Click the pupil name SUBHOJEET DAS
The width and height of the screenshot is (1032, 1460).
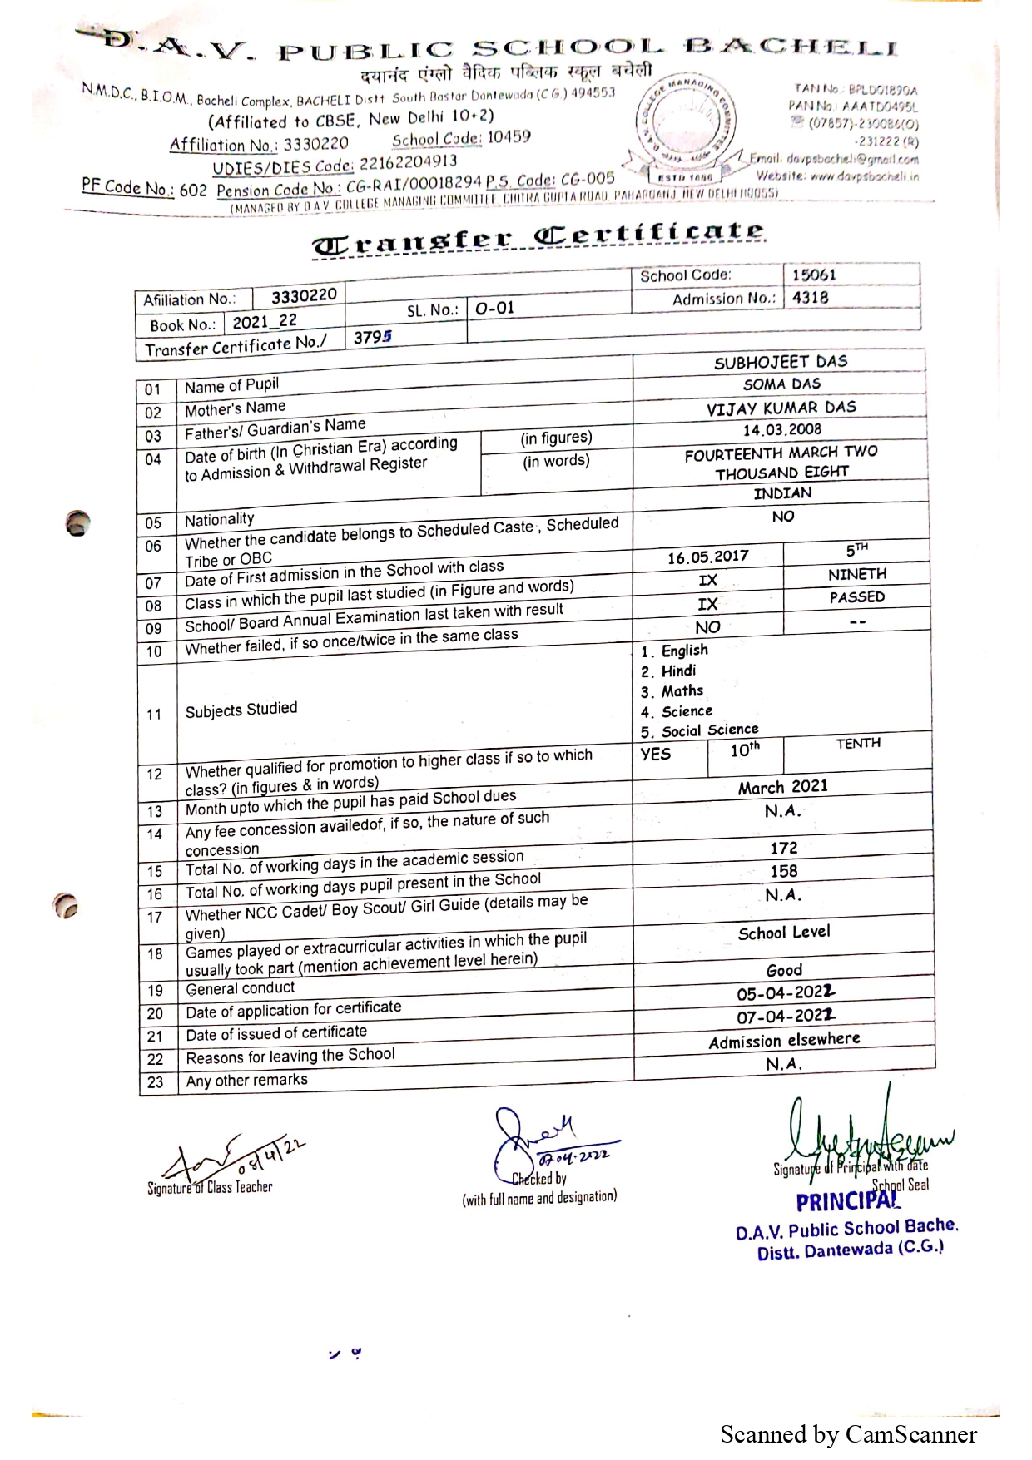781,362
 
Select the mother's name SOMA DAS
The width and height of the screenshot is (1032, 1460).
781,384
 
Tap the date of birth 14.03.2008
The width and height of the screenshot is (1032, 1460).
781,430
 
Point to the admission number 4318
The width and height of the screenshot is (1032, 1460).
810,298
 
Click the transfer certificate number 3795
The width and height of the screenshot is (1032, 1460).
372,337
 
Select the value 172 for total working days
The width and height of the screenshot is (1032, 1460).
783,848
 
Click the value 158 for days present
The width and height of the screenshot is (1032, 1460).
783,871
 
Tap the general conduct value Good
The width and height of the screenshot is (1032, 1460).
784,970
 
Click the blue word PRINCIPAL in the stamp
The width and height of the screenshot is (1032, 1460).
847,1201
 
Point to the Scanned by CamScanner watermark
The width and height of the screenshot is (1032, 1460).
848,1434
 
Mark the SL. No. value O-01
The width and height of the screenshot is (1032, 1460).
495,309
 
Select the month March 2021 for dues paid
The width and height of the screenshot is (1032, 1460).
782,787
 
